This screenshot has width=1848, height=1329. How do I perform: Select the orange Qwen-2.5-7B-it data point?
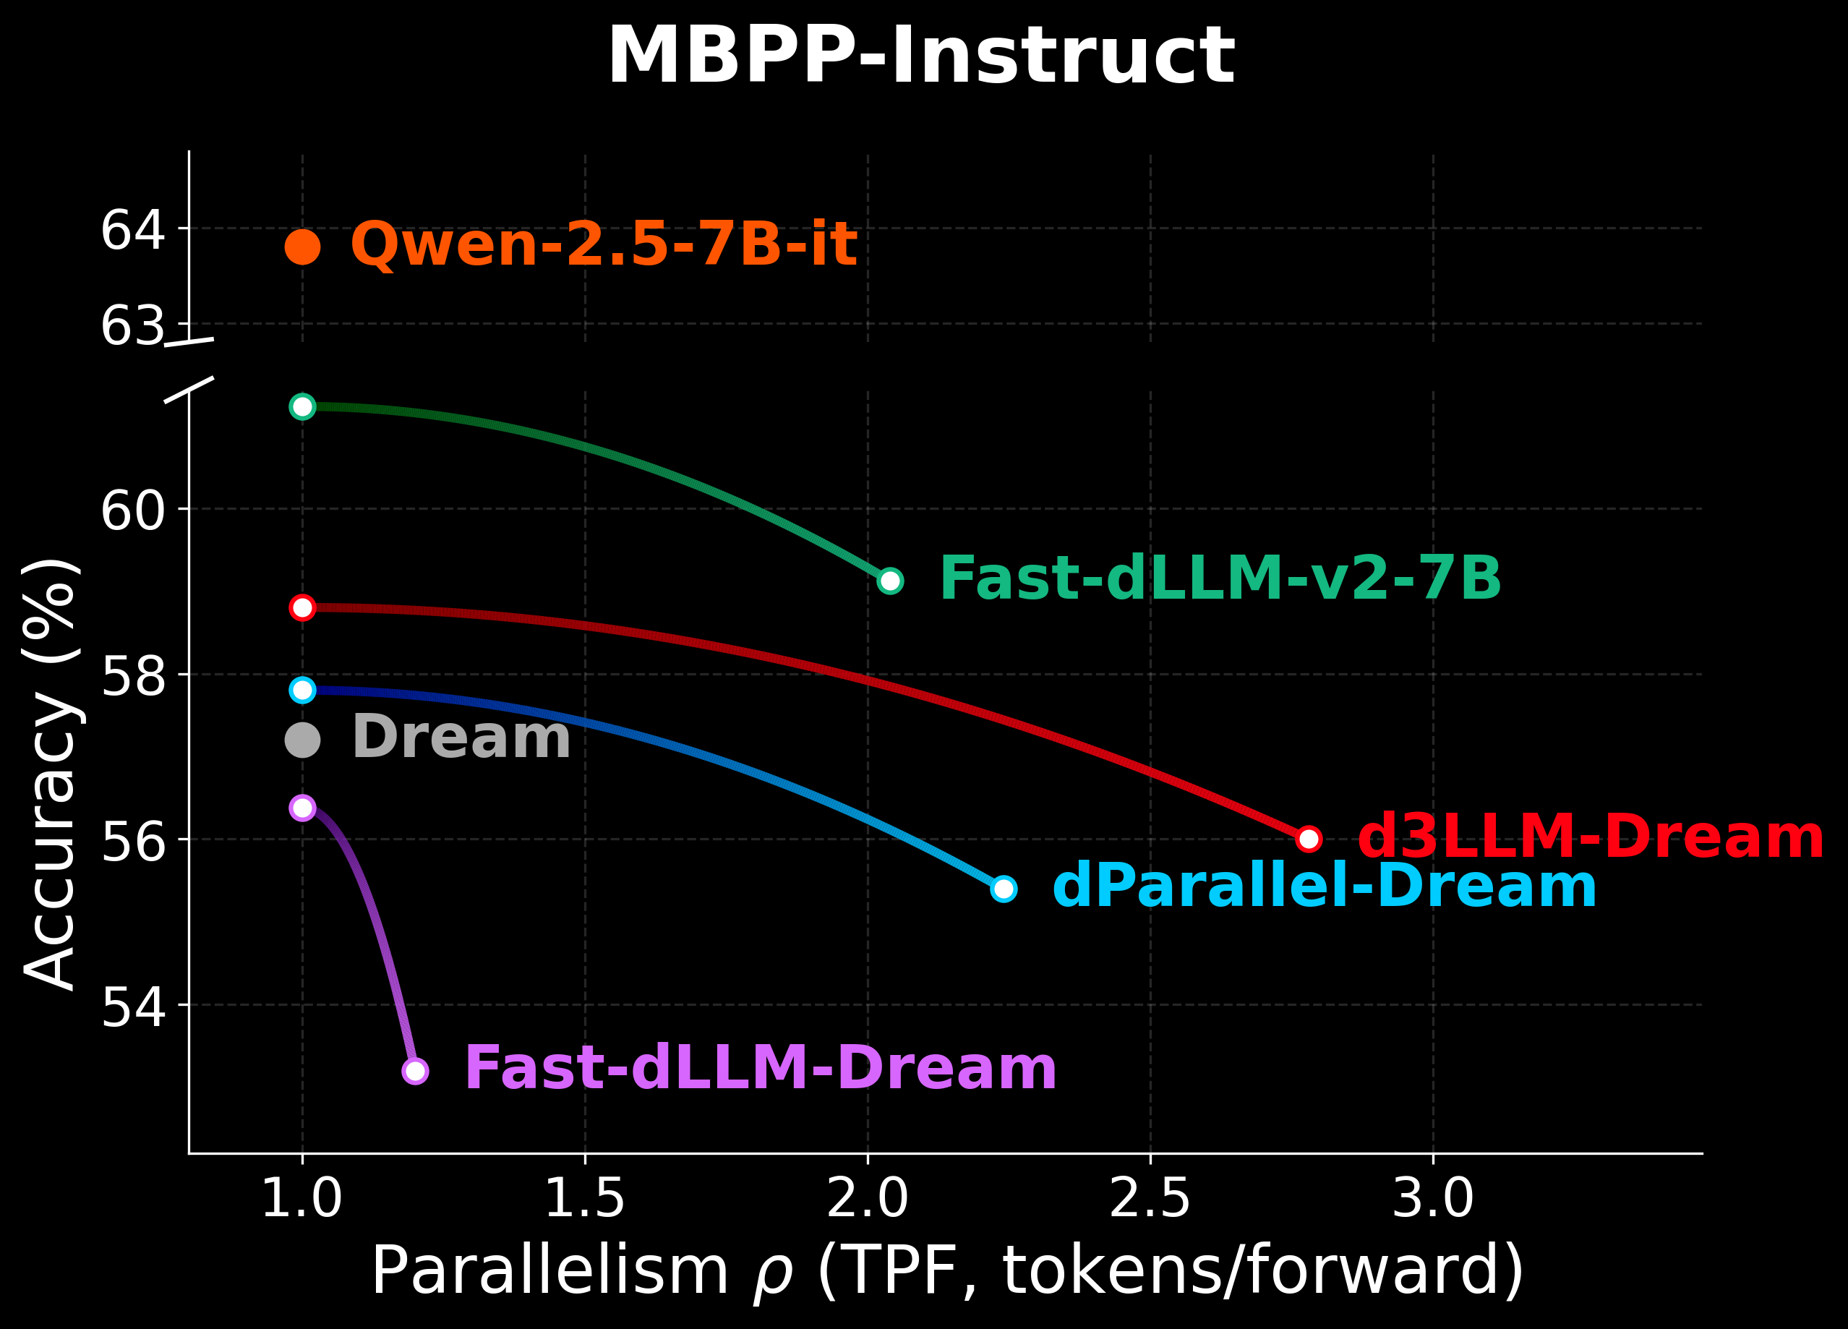tap(302, 247)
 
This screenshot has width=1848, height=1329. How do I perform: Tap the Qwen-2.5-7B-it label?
tap(603, 244)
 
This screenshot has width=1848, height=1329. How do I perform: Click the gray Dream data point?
tap(302, 740)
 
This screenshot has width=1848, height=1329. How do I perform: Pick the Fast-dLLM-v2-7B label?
tap(1220, 579)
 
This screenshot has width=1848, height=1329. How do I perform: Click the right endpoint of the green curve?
tap(890, 581)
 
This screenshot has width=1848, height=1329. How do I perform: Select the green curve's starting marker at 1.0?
tap(302, 406)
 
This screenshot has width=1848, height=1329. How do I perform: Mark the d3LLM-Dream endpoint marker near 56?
tap(1309, 839)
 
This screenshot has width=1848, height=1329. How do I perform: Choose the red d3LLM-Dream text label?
tap(1590, 837)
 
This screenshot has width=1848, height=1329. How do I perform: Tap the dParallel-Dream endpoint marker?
tap(1004, 889)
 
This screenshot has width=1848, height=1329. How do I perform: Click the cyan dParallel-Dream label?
tap(1324, 887)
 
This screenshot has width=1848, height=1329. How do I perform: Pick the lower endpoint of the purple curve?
tap(415, 1071)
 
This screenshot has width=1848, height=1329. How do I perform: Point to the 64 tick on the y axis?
tap(133, 230)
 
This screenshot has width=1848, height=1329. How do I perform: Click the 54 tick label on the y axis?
tap(133, 1007)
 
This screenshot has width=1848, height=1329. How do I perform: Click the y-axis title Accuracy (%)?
tap(51, 774)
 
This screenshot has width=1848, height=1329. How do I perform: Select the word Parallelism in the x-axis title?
tap(549, 1271)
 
